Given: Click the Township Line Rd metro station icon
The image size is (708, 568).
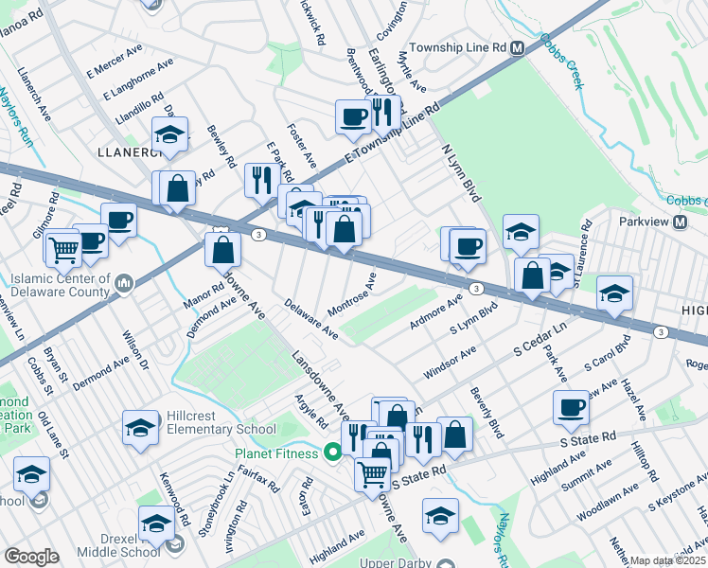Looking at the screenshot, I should (x=518, y=48).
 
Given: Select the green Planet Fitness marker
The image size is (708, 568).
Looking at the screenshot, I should (x=332, y=451).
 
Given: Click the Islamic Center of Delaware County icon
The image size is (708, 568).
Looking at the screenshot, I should (x=124, y=283).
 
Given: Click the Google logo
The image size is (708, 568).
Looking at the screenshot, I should (x=32, y=557).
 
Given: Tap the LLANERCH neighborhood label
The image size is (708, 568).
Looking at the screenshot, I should (x=124, y=151).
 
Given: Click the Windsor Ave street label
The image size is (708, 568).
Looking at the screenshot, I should (x=450, y=364).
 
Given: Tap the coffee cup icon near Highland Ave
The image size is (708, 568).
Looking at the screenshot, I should (x=572, y=407).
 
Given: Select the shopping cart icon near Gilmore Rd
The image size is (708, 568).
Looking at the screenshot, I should (x=64, y=249).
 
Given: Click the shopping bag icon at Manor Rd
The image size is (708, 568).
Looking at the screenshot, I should (x=222, y=251).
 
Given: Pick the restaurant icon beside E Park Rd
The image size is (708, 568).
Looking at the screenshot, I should (x=258, y=180).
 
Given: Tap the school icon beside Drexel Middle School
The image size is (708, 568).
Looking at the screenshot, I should (x=156, y=522).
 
